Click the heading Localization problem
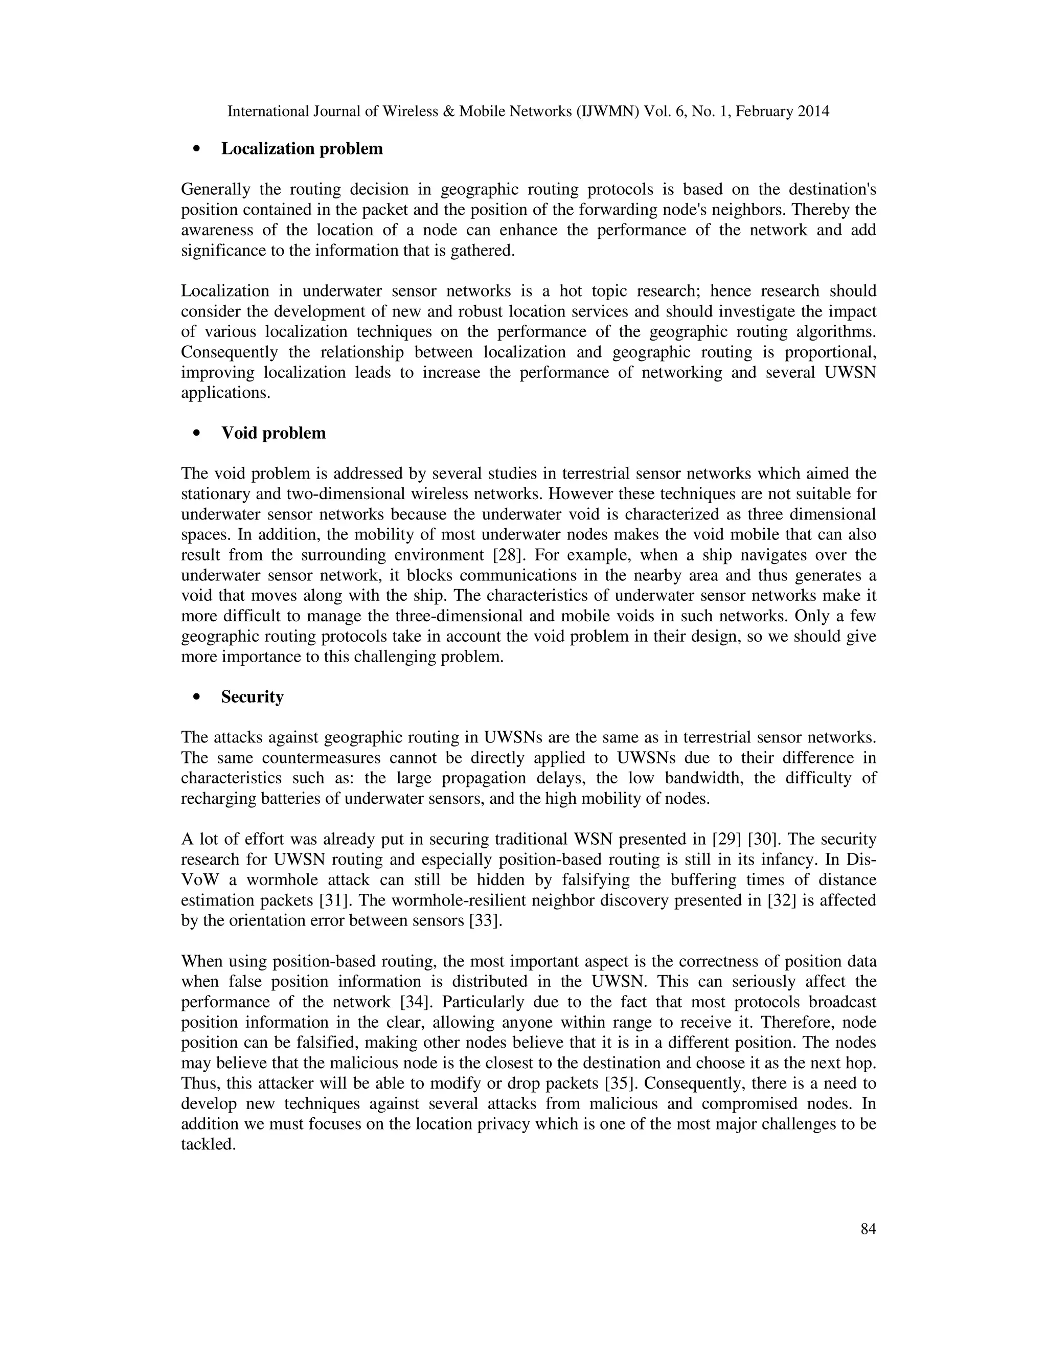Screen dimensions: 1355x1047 302,149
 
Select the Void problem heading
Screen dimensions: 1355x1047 273,433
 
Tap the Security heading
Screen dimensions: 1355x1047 253,697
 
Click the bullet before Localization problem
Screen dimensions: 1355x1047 197,149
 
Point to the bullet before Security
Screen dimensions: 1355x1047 197,697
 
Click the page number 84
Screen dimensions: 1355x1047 868,1229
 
